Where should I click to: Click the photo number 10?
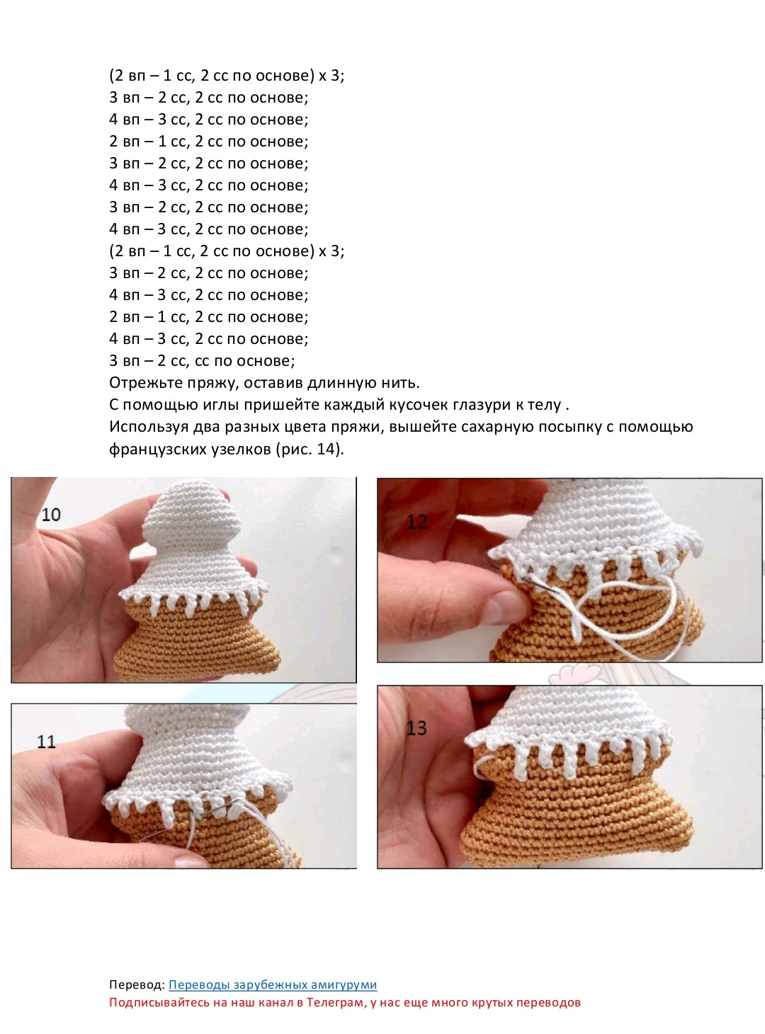pos(51,514)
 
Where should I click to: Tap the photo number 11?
pos(46,741)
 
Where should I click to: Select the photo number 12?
pos(416,522)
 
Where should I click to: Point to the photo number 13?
pos(416,728)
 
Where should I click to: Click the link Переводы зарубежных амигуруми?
pos(273,984)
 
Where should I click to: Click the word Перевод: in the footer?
pos(137,984)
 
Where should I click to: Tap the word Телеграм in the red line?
pos(336,1002)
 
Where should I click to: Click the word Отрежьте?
pos(143,383)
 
